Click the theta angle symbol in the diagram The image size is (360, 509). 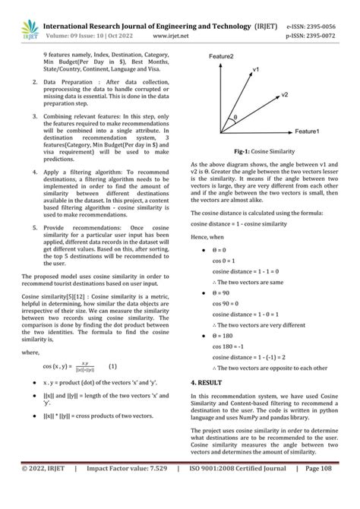point(235,117)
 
